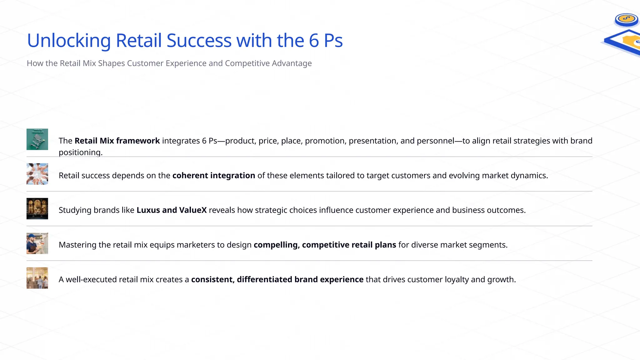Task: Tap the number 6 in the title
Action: point(314,41)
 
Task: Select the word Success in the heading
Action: point(199,41)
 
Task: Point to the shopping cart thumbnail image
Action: point(37,139)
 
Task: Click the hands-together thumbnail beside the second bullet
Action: point(37,174)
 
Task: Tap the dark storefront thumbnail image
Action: point(37,209)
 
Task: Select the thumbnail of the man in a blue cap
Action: point(37,243)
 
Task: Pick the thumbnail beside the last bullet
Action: point(37,278)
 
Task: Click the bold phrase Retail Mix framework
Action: point(117,141)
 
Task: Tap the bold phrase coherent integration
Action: point(214,176)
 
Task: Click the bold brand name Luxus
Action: point(148,210)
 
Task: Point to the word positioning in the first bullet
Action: point(80,152)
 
